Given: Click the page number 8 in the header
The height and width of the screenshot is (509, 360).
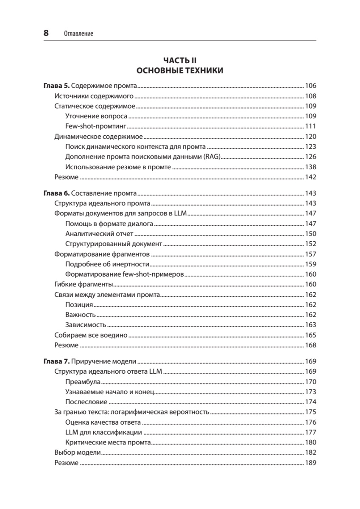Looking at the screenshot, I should pyautogui.click(x=46, y=33).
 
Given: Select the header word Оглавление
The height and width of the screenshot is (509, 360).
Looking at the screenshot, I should pyautogui.click(x=78, y=34).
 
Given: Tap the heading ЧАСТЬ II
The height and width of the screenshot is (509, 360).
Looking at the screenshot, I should pyautogui.click(x=180, y=61).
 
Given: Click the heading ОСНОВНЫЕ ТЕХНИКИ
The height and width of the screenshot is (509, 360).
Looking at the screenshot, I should pyautogui.click(x=180, y=70).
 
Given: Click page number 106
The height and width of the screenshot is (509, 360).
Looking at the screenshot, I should pyautogui.click(x=310, y=86).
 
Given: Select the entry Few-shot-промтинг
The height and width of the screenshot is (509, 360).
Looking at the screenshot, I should pyautogui.click(x=96, y=126).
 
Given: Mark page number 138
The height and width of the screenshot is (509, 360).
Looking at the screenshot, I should pyautogui.click(x=310, y=167).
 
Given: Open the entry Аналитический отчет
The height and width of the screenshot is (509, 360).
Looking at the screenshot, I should pyautogui.click(x=99, y=234).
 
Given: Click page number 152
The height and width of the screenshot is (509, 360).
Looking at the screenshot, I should pyautogui.click(x=310, y=244).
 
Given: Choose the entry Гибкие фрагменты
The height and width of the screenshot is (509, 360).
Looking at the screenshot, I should pyautogui.click(x=84, y=285).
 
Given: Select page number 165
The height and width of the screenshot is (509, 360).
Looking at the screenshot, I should pyautogui.click(x=310, y=336).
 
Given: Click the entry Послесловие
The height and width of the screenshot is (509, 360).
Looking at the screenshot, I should pyautogui.click(x=87, y=402).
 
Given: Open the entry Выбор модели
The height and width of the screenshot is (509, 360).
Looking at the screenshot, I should pyautogui.click(x=78, y=453).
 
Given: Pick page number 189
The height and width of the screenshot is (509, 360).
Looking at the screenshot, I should pyautogui.click(x=310, y=463).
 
